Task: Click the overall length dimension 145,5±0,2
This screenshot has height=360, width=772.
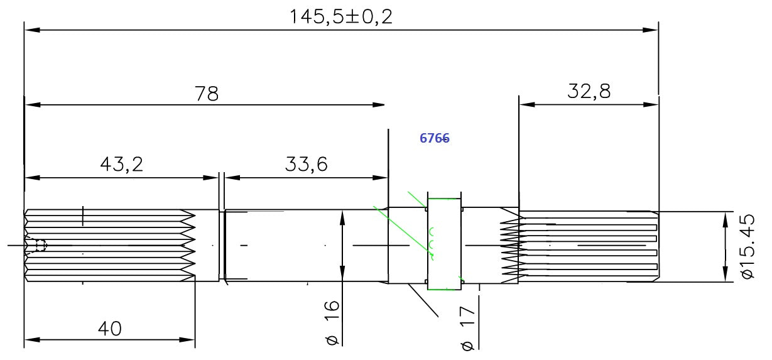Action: (341, 17)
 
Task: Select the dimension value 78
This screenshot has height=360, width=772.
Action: (207, 94)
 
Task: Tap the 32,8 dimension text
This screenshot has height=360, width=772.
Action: (589, 91)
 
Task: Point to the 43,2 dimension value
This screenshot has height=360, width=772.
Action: (121, 164)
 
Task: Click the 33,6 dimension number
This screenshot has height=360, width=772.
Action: (306, 164)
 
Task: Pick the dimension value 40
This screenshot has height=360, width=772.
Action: (109, 329)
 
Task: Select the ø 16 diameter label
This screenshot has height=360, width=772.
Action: (332, 323)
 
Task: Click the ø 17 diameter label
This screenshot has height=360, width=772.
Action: (468, 329)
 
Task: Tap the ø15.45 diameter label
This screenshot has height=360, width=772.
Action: (748, 246)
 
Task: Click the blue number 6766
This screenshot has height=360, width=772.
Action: (435, 138)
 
